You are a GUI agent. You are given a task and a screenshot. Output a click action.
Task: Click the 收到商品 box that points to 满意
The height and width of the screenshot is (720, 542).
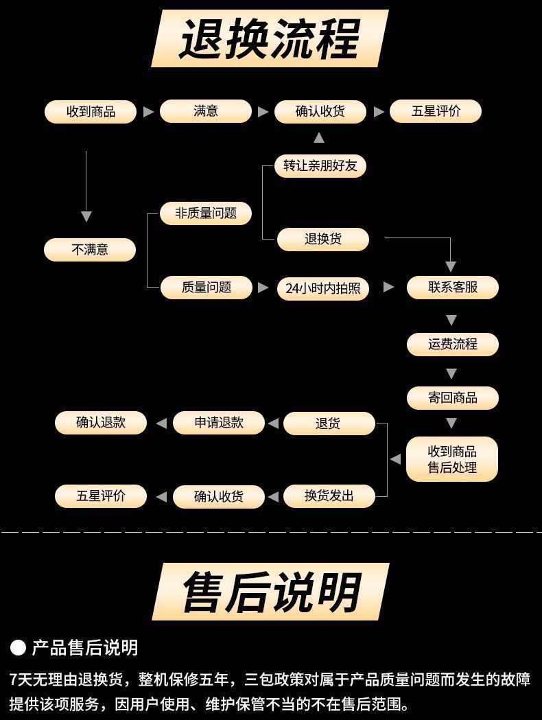click(91, 112)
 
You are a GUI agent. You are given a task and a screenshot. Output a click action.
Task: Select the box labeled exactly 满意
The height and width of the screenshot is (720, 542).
click(206, 111)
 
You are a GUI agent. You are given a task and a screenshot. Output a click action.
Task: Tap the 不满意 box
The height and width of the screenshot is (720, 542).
click(90, 250)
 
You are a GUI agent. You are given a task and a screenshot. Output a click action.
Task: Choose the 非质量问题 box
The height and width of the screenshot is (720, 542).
click(206, 213)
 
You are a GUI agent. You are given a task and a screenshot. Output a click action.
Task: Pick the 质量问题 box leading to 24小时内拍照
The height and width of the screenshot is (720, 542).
click(207, 288)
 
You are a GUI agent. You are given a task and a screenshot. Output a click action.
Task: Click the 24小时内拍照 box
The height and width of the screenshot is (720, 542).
click(323, 288)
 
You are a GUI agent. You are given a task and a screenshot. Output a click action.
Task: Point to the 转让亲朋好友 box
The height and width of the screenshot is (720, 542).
click(320, 166)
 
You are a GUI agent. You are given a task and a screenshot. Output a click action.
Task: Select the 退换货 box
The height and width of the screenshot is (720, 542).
click(323, 240)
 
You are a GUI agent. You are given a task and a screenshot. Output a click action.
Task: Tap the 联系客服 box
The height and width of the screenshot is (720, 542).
click(453, 288)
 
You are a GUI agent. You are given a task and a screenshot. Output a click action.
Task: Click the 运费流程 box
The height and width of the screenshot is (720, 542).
click(453, 345)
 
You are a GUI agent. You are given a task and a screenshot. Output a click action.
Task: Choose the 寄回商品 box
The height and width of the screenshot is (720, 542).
click(453, 398)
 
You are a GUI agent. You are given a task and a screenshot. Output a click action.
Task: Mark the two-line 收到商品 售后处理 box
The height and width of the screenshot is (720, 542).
click(452, 459)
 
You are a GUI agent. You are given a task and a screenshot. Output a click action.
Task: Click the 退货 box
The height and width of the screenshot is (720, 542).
click(329, 423)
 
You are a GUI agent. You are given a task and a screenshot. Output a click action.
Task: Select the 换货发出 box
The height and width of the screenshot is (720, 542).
click(329, 496)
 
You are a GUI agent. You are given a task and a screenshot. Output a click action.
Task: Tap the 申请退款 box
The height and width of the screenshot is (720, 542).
click(219, 423)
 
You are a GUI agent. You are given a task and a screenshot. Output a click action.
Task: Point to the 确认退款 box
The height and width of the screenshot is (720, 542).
click(101, 423)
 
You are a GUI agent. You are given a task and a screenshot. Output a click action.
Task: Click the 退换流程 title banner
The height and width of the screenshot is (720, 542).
click(270, 38)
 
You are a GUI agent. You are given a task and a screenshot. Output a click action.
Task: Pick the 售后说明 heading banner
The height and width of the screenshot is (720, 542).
click(270, 592)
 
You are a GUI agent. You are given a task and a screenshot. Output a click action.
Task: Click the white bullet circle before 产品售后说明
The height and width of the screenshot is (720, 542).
click(19, 647)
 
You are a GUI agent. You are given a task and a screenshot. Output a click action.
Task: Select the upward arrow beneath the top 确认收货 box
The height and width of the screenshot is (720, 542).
click(319, 138)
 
